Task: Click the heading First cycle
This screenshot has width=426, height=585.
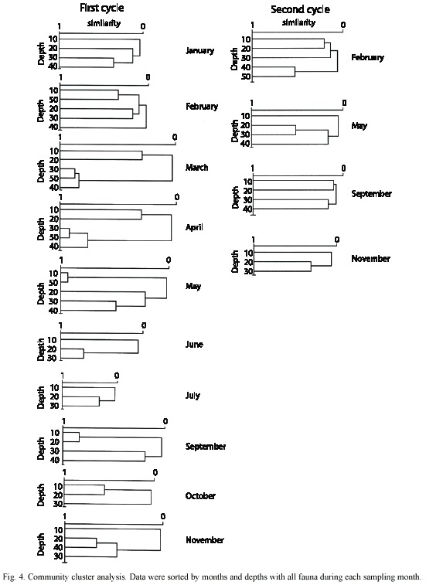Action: pyautogui.click(x=101, y=8)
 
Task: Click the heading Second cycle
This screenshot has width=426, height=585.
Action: pyautogui.click(x=300, y=9)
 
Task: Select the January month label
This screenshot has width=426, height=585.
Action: pyautogui.click(x=199, y=50)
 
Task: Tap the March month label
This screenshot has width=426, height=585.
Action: pyautogui.click(x=196, y=167)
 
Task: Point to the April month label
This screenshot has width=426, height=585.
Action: pyautogui.click(x=194, y=227)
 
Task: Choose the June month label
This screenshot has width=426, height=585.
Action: pyautogui.click(x=194, y=344)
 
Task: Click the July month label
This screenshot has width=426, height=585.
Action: pyautogui.click(x=193, y=395)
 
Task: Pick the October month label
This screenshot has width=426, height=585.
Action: pyautogui.click(x=200, y=496)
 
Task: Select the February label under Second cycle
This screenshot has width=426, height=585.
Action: pyautogui.click(x=367, y=57)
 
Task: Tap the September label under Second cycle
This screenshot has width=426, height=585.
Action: pyautogui.click(x=371, y=194)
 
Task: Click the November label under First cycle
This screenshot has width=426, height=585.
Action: pyautogui.click(x=205, y=540)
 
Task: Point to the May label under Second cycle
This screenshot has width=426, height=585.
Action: pyautogui.click(x=359, y=126)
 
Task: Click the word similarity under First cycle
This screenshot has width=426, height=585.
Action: pyautogui.click(x=104, y=23)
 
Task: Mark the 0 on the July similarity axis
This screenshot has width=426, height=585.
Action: pyautogui.click(x=117, y=376)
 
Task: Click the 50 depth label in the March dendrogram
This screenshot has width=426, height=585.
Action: pyautogui.click(x=54, y=179)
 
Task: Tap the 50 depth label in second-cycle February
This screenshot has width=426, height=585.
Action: pyautogui.click(x=246, y=77)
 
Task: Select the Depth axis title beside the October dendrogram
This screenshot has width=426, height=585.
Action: pyautogui.click(x=41, y=495)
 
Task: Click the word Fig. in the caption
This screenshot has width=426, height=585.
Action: pyautogui.click(x=9, y=576)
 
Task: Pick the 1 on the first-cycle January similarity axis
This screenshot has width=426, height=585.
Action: pyautogui.click(x=60, y=26)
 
